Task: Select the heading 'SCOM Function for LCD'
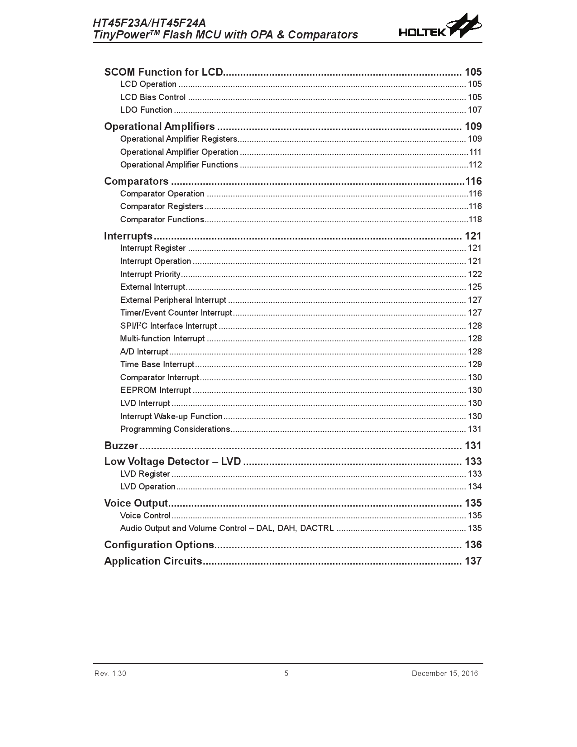tap(163, 72)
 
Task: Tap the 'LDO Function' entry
tap(146, 110)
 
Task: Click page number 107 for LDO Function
tap(474, 110)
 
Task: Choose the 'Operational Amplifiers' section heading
tap(159, 127)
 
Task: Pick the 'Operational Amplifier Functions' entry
tap(179, 165)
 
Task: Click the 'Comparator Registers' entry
tap(162, 206)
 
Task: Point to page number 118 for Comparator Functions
tap(475, 220)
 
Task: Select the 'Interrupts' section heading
tap(128, 236)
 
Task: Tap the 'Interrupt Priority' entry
tap(150, 274)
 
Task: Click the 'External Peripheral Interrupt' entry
tap(173, 300)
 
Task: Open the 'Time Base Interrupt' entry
tap(157, 364)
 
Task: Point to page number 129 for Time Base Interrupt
tap(474, 364)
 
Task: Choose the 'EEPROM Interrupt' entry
tap(156, 390)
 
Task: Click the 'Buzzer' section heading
tap(121, 446)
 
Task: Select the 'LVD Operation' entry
tap(148, 487)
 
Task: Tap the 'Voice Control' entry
tap(145, 516)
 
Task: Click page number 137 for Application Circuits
tap(473, 561)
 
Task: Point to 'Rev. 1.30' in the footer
tap(110, 674)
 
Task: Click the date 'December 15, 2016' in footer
tap(444, 674)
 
